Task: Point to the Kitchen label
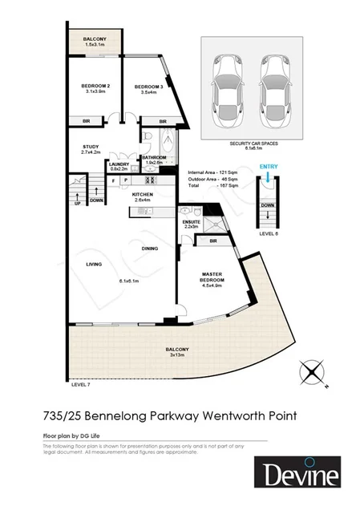point(143,194)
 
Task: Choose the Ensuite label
point(191,221)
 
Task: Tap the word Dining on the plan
point(148,248)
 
